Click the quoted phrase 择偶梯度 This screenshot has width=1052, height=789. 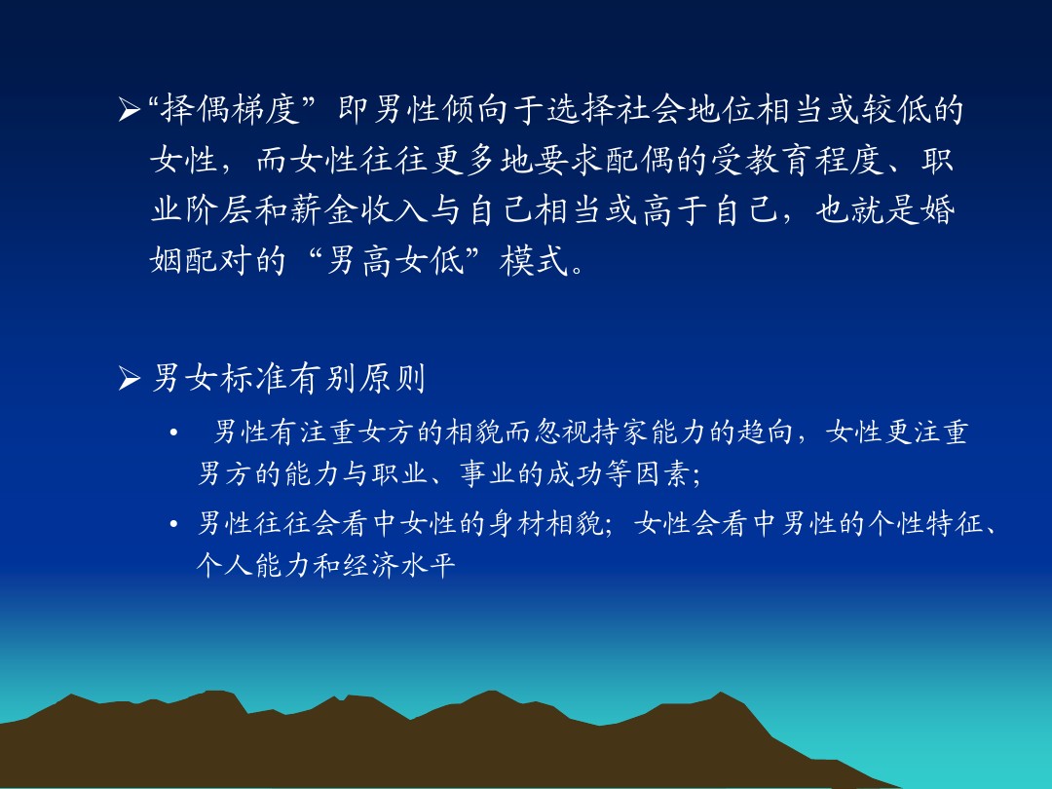click(x=230, y=109)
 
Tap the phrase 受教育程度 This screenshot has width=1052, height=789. click(x=798, y=160)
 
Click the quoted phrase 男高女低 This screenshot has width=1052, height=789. click(x=395, y=260)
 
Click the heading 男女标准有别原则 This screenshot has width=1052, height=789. click(x=288, y=378)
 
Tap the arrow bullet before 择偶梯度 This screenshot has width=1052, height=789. click(x=129, y=109)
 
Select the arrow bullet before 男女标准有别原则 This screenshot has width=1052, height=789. click(x=129, y=379)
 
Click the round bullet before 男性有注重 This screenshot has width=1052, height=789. click(x=173, y=432)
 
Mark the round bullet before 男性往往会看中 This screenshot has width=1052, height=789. click(x=173, y=524)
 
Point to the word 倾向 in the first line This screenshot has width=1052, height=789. click(x=459, y=109)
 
